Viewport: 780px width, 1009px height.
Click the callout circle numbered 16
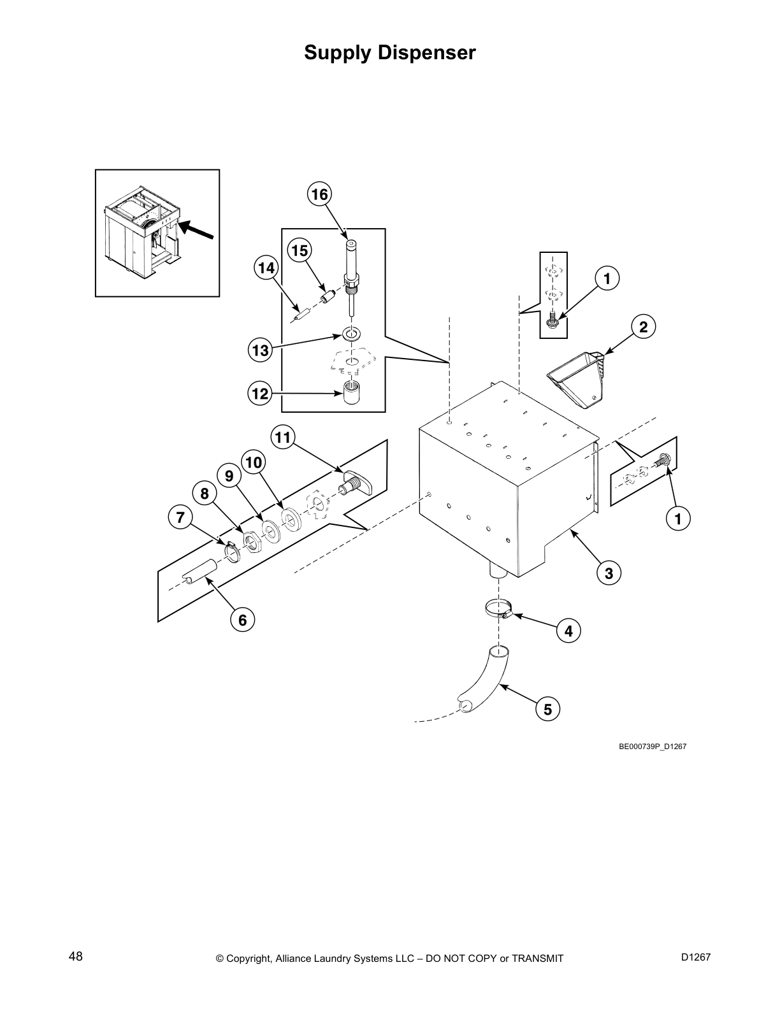320,194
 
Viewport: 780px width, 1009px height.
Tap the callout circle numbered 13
261,350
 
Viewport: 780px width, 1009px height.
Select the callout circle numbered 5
547,708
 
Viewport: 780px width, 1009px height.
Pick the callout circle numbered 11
283,437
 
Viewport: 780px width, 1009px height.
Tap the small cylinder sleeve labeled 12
349,392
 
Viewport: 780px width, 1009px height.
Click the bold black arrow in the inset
197,230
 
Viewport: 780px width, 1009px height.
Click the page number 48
76,956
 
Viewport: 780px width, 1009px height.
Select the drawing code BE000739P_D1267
653,746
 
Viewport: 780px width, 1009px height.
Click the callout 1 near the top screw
607,278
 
